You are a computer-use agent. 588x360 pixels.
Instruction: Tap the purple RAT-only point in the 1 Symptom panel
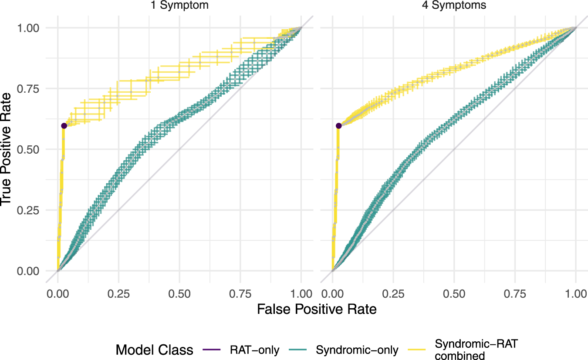[x=64, y=126]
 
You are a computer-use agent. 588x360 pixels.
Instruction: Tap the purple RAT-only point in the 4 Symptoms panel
[x=338, y=126]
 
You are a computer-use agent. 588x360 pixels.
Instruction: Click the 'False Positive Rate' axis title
[x=317, y=310]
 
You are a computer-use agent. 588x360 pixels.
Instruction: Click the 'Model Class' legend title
[x=155, y=350]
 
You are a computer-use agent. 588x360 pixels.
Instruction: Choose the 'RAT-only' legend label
[x=254, y=350]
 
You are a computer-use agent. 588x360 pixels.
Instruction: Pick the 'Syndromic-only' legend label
[x=357, y=350]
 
